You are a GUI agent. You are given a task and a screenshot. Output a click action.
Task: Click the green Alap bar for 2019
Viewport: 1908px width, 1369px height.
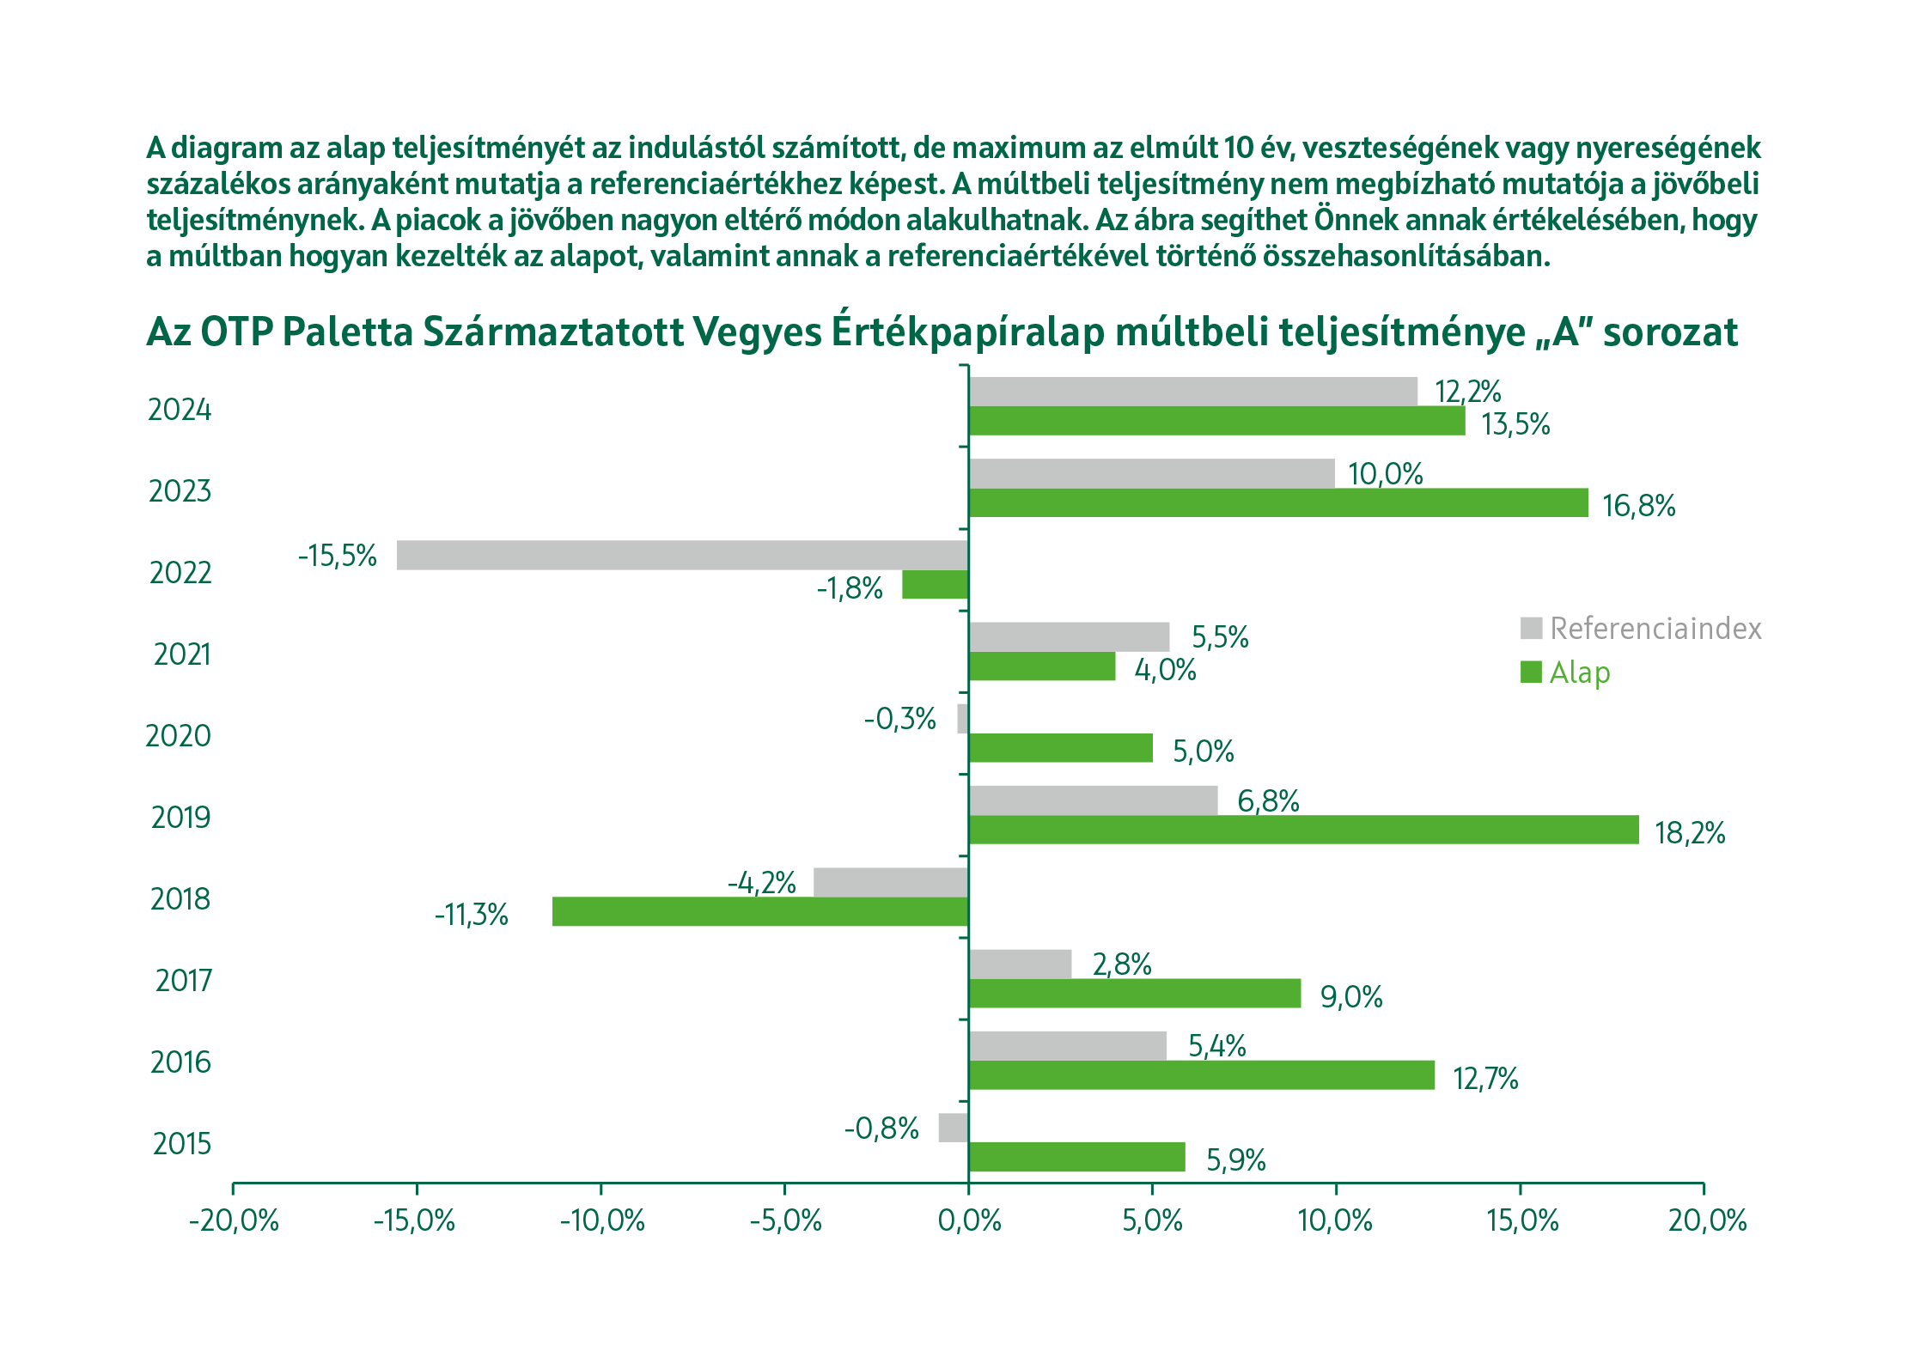coord(1303,830)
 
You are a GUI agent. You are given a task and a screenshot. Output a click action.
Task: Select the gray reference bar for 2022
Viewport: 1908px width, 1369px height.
coord(682,555)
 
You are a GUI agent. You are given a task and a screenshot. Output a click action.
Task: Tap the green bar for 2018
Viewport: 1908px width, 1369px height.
coord(760,911)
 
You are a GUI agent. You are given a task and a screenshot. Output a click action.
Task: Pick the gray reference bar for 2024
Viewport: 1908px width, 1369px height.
coord(1192,392)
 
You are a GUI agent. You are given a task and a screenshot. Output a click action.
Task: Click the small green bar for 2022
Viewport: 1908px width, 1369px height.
coord(935,585)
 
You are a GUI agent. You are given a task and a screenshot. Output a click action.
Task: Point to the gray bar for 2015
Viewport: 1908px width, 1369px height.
coord(953,1128)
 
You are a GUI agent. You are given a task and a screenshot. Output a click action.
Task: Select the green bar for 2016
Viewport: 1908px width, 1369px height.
coord(1201,1075)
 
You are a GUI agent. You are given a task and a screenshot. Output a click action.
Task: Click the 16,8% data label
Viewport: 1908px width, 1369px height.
coord(1638,506)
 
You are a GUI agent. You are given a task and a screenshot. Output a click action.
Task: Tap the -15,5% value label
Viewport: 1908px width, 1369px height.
coord(338,556)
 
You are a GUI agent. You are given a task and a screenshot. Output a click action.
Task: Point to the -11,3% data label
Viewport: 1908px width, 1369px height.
coord(472,914)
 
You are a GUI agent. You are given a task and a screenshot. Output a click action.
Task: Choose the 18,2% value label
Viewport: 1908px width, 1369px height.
coord(1690,832)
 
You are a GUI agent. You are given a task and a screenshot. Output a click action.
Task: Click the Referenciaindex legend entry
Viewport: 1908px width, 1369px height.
coord(1655,629)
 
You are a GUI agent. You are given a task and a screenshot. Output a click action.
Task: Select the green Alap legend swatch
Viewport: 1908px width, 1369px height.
coord(1531,672)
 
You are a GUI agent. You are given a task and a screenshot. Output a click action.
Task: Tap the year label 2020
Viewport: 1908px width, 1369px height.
coord(178,736)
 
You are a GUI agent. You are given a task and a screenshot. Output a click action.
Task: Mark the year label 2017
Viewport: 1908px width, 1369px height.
coord(183,980)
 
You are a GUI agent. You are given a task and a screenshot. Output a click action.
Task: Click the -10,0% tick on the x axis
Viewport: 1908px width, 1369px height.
coord(602,1220)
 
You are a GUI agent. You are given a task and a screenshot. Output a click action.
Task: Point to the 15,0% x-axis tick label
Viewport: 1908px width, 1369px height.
coord(1522,1220)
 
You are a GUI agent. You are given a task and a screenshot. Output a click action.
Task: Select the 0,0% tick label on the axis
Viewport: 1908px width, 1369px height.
coord(970,1220)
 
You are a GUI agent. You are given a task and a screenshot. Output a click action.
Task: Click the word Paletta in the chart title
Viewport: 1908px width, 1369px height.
coord(346,332)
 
